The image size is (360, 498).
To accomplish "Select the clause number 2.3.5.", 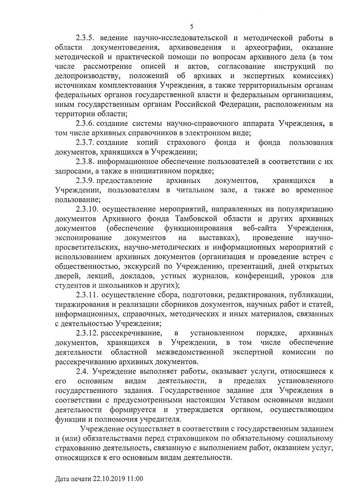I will tap(86, 37).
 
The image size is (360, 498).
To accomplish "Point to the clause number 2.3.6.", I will tap(86, 123).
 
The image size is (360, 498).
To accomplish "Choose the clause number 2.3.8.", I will tap(86, 161).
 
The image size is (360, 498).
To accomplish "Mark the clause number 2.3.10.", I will tap(88, 209).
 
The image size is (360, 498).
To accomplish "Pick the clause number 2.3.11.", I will tap(88, 295).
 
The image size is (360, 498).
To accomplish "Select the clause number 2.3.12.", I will tap(88, 333).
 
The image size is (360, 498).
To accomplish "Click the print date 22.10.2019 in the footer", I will tap(108, 479).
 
